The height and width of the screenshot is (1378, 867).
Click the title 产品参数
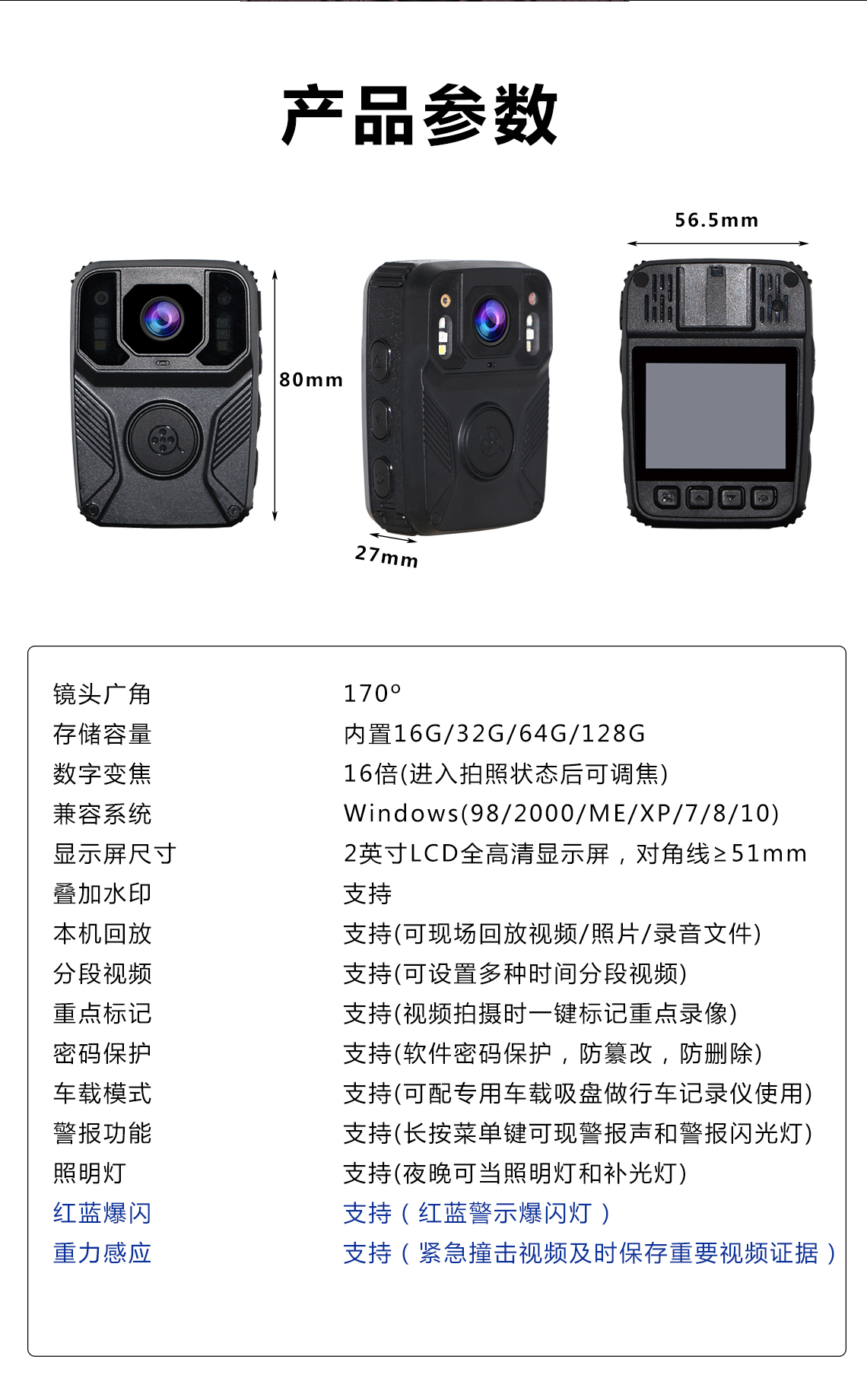[x=420, y=116]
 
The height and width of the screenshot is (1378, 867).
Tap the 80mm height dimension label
[x=311, y=379]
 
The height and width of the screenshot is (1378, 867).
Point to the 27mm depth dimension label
[x=387, y=557]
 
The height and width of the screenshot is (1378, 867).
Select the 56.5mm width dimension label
[x=716, y=220]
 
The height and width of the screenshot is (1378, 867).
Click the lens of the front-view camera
[x=161, y=318]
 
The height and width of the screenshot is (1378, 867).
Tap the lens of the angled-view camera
[x=491, y=319]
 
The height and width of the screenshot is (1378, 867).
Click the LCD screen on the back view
[x=715, y=415]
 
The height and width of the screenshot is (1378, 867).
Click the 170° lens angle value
[x=372, y=694]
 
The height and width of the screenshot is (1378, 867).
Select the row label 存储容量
[x=103, y=734]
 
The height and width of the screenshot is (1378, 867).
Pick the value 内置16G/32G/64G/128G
[x=494, y=734]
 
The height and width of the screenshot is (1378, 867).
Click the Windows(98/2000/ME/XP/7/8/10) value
[x=561, y=814]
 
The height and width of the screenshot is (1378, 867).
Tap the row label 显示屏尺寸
[x=115, y=854]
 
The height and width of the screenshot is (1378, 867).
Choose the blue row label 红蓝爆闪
[x=103, y=1213]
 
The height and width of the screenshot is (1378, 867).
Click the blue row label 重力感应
[x=103, y=1253]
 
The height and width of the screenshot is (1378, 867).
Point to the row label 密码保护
[x=103, y=1053]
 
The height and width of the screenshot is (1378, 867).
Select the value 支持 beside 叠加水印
[x=368, y=894]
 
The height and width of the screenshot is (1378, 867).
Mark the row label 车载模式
[x=103, y=1094]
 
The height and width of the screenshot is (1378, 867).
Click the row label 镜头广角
[x=103, y=694]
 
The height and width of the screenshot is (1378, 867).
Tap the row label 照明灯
[x=90, y=1173]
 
